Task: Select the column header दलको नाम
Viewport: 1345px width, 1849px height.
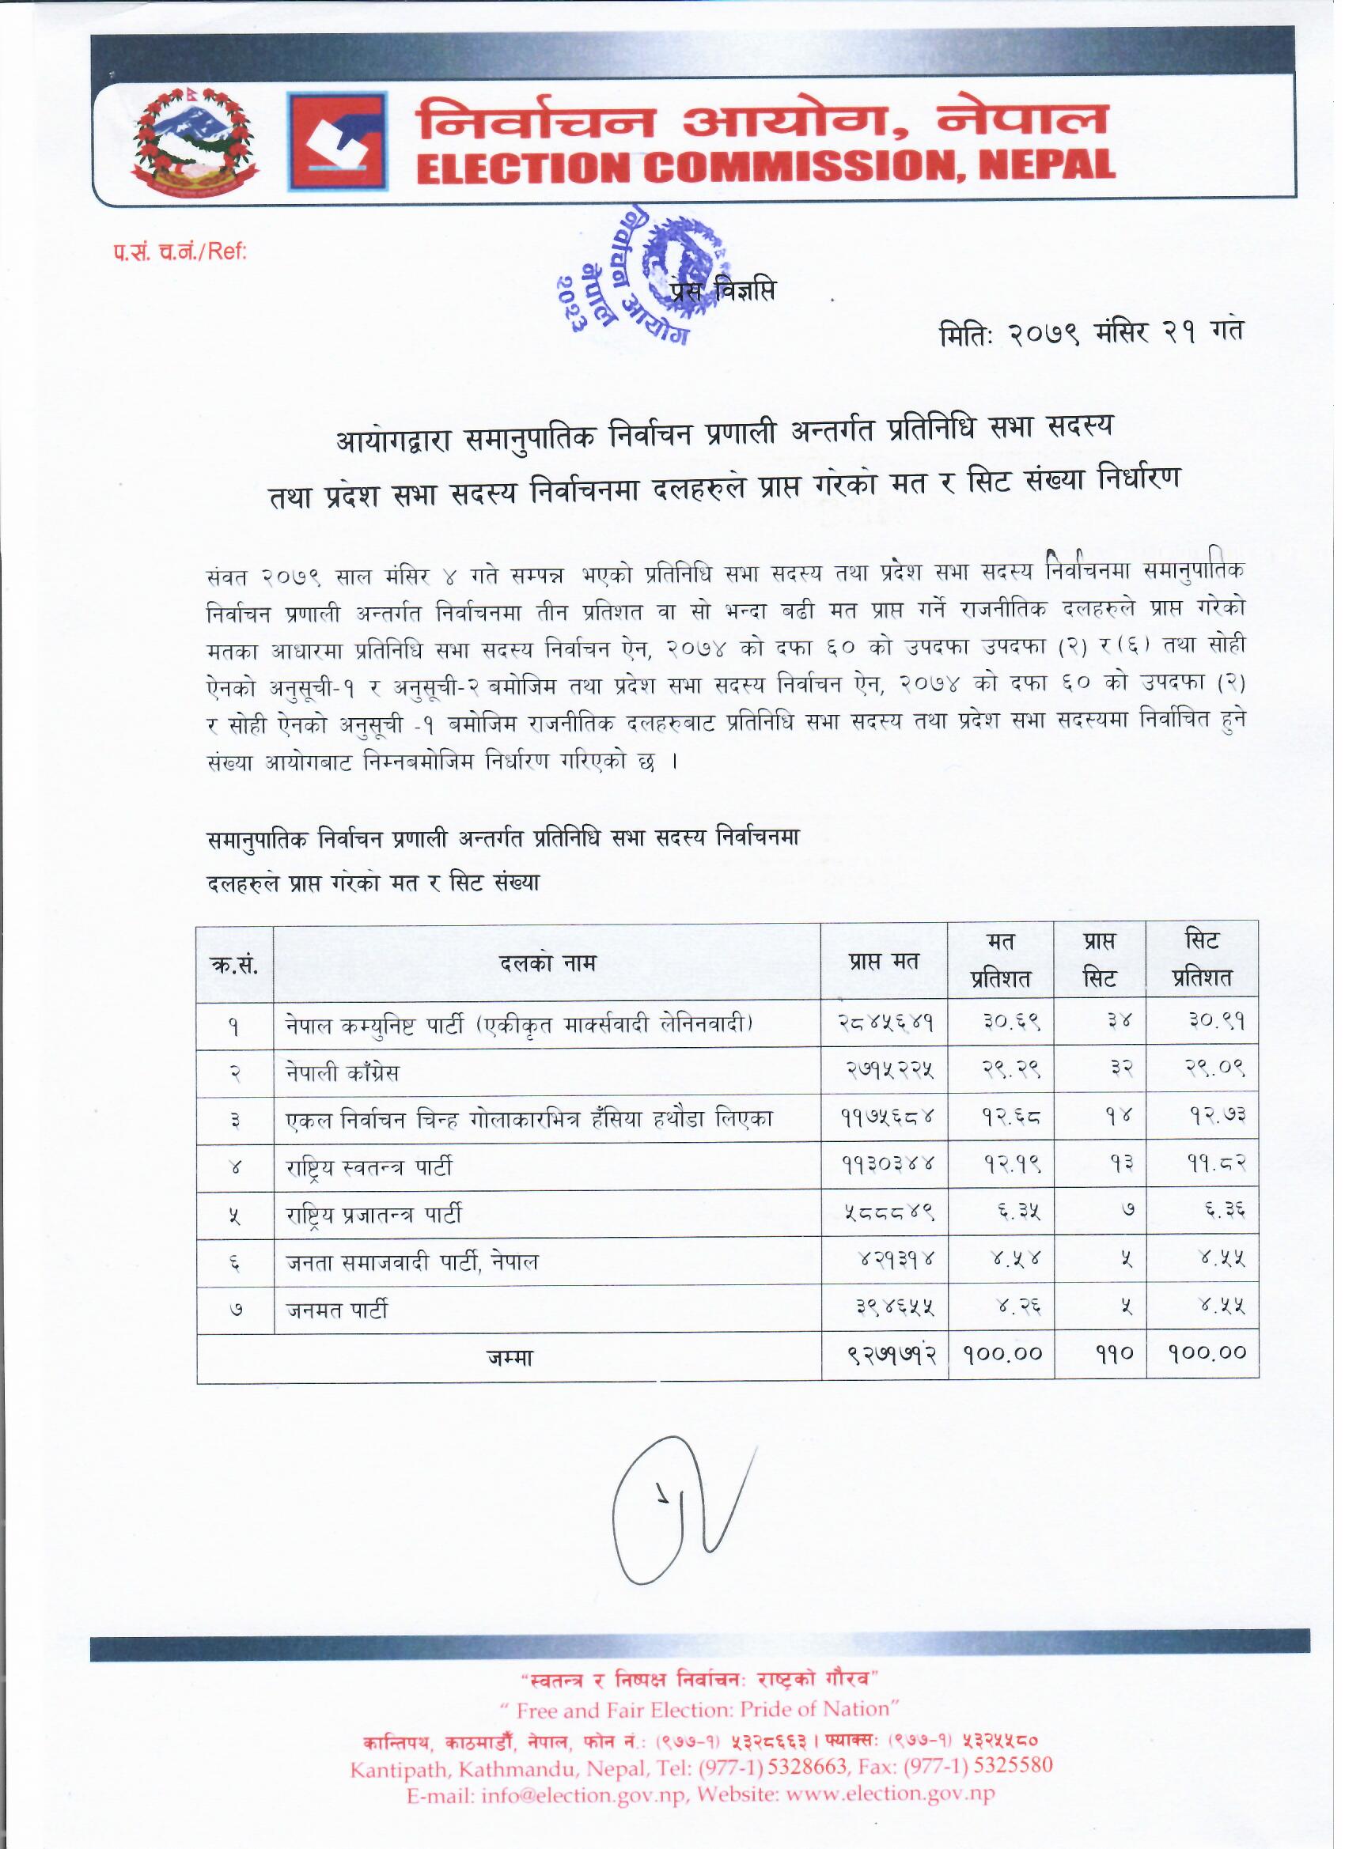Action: [x=547, y=963]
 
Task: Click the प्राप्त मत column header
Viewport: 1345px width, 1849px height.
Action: [x=883, y=962]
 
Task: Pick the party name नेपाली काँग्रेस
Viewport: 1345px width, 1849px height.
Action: [x=342, y=1073]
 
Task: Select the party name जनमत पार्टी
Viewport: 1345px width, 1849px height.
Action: [x=337, y=1310]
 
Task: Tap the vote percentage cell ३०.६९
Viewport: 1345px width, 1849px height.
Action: [x=1001, y=1024]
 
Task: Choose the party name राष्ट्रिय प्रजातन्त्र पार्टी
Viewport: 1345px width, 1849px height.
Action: [x=373, y=1215]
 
